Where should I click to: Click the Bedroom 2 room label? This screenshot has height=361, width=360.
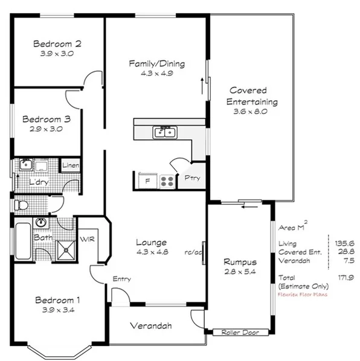point(57,43)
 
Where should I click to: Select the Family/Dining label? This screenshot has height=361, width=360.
point(156,63)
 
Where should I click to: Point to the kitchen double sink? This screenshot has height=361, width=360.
point(164,131)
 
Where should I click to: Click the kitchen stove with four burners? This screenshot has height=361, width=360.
point(167,180)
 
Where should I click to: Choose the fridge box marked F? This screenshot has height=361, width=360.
point(145,180)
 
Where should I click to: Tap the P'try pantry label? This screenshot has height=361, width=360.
point(193,179)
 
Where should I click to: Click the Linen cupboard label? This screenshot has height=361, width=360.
point(71,165)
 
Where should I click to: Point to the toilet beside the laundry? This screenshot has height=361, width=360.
point(22,205)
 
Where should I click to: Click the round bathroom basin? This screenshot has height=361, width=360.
point(41,222)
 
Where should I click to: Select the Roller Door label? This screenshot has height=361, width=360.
point(235,332)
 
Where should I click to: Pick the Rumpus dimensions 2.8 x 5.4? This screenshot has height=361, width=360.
point(240,272)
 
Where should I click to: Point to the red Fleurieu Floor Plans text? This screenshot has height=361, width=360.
point(304,296)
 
